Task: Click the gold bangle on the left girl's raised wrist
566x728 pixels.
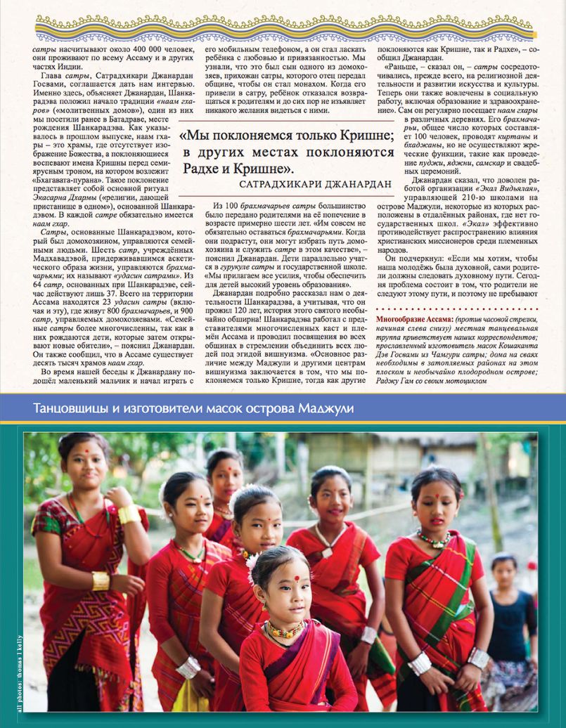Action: coord(129,514)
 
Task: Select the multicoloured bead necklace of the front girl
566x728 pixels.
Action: coord(284,630)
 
